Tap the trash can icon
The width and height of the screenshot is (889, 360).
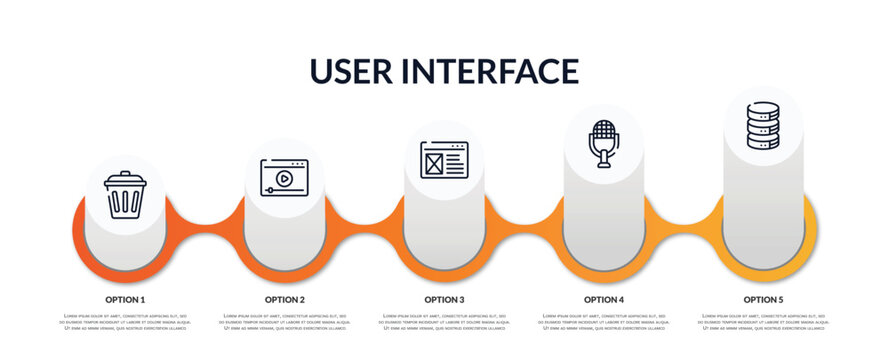[x=125, y=195]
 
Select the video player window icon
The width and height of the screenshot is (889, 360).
[x=284, y=177]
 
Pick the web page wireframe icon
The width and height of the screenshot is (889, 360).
[x=444, y=160]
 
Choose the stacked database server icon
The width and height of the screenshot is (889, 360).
[x=762, y=125]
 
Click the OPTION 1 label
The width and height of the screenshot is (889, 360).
[x=125, y=299]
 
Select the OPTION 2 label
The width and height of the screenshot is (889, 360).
[x=285, y=299]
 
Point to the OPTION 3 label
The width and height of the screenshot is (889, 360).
[x=444, y=299]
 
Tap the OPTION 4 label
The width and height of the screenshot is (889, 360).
[x=604, y=299]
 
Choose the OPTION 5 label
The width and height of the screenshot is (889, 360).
[x=763, y=299]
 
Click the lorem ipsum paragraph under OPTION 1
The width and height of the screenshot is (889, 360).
[x=125, y=323]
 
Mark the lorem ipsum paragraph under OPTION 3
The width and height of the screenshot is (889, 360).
[x=444, y=323]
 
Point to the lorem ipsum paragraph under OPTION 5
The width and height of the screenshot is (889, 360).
[x=763, y=323]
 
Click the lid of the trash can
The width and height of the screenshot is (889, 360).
[x=125, y=179]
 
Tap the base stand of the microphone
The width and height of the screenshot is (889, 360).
[x=603, y=165]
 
